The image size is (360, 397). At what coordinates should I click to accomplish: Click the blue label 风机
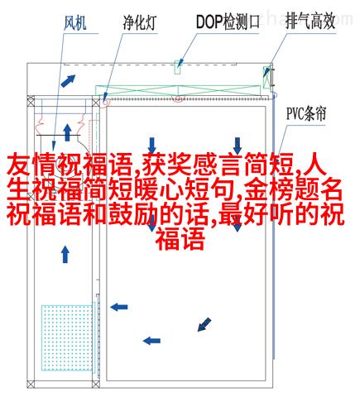(x=74, y=22)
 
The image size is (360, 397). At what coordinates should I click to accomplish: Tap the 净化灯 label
(x=139, y=22)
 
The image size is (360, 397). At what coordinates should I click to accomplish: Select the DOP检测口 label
(x=228, y=22)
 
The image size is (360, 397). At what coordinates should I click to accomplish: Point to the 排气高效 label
(x=310, y=22)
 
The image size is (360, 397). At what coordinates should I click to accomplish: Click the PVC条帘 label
(x=306, y=113)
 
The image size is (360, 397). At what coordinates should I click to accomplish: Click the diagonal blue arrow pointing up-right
(x=68, y=80)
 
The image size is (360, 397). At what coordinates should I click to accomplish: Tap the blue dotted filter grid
(x=67, y=337)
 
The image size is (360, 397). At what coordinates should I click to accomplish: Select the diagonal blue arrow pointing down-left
(x=204, y=324)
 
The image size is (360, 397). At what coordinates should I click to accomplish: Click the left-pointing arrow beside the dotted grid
(x=119, y=307)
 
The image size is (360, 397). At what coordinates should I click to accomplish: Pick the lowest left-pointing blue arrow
(x=151, y=341)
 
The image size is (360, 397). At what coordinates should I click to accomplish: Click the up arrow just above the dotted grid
(x=65, y=255)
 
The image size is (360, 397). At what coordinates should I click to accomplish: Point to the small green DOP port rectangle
(x=178, y=67)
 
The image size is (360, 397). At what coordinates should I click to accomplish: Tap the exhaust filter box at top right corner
(x=266, y=77)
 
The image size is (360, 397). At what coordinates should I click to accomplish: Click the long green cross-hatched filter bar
(x=178, y=90)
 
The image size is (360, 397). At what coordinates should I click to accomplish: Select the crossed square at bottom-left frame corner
(x=31, y=384)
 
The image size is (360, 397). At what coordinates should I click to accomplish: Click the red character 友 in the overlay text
(x=18, y=165)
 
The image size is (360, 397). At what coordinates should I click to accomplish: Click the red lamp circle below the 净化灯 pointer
(x=105, y=103)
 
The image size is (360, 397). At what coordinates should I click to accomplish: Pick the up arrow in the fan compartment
(x=67, y=133)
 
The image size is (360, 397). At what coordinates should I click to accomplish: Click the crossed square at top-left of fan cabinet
(x=31, y=103)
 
